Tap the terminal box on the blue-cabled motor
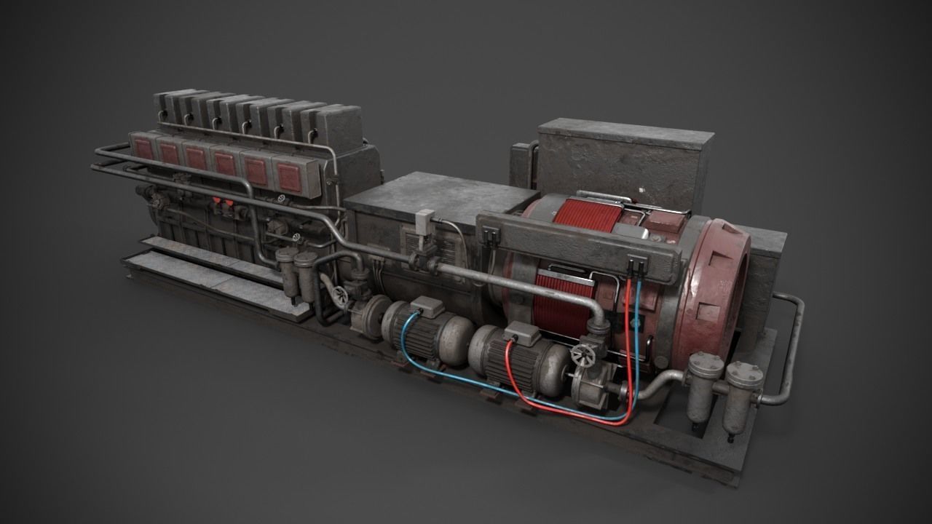point(427,308)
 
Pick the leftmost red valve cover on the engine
point(143,148)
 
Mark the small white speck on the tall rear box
point(642,191)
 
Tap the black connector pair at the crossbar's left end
point(490,235)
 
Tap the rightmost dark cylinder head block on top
point(339,128)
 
